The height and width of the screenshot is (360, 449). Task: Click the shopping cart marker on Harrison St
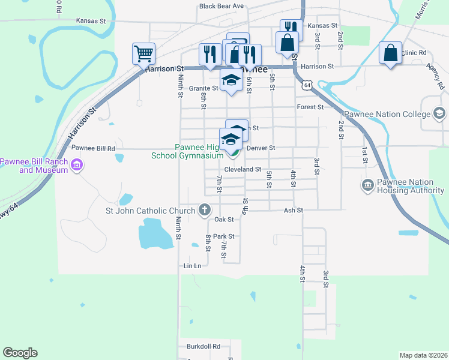[144, 53]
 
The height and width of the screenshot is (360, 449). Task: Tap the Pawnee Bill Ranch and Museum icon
[76, 165]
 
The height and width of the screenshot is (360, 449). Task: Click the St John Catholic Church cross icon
[205, 210]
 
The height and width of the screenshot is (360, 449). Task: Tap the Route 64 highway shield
[307, 86]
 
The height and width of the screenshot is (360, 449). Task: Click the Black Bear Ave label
[221, 6]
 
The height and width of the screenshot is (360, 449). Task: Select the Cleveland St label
[243, 170]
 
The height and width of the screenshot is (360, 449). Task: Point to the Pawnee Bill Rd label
[93, 148]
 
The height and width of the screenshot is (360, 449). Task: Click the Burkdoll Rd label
[203, 346]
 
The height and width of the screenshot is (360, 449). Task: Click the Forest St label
[310, 107]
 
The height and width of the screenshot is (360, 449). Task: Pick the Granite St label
[203, 88]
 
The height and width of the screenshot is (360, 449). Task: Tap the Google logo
[20, 353]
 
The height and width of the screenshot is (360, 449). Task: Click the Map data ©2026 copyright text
[423, 355]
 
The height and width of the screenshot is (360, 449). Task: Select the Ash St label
[294, 210]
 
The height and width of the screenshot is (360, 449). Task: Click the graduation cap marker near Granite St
[231, 81]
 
